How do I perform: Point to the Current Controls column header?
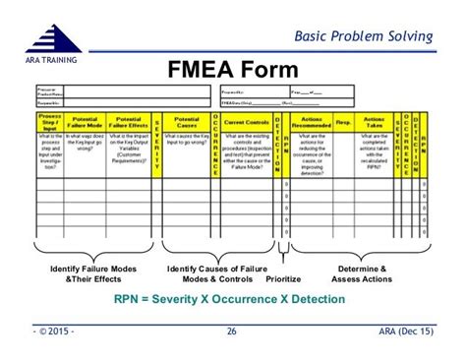point(246,121)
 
